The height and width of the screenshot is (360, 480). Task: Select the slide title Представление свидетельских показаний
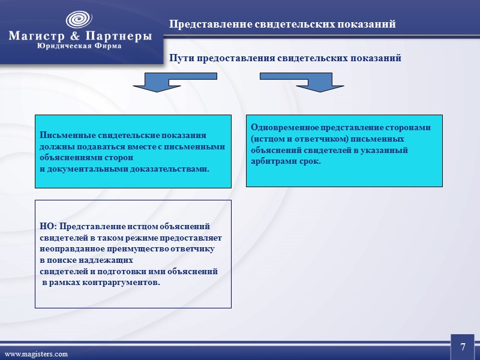point(282,25)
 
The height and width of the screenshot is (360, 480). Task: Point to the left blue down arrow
point(155,82)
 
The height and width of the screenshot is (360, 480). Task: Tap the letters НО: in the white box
point(48,227)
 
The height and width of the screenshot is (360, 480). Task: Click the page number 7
point(463,347)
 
